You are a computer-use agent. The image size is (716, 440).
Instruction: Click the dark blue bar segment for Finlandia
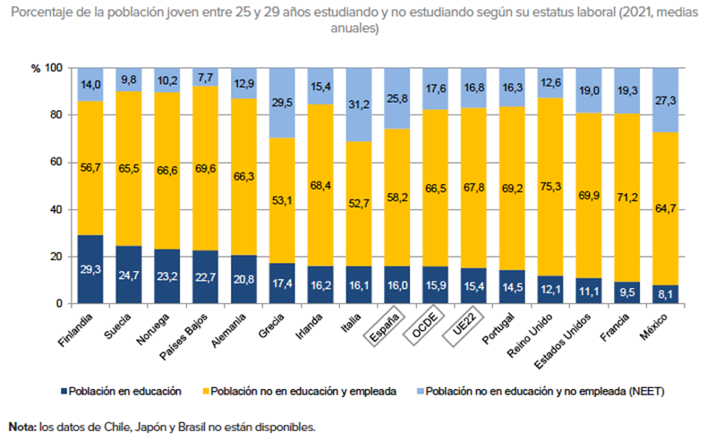(x=91, y=269)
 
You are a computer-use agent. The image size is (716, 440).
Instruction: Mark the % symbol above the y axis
(x=36, y=68)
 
